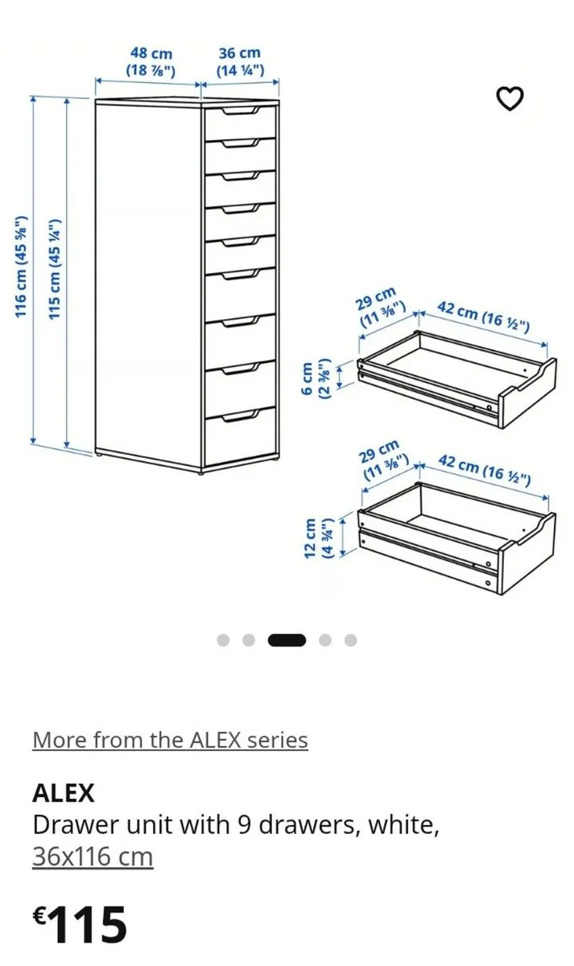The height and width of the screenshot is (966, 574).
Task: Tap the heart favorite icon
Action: [x=510, y=99]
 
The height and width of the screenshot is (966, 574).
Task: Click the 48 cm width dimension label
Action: [x=151, y=62]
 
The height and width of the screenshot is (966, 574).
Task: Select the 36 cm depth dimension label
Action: [x=240, y=62]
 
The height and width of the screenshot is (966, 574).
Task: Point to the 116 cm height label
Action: [x=21, y=267]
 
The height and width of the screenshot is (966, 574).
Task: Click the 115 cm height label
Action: [x=55, y=269]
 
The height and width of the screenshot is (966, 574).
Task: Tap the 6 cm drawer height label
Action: [x=315, y=378]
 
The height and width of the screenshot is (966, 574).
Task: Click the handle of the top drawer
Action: [x=241, y=111]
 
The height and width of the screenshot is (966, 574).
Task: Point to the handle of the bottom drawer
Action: [x=241, y=415]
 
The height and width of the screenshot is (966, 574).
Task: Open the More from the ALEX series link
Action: [x=170, y=741]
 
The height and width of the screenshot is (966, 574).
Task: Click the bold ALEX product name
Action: [x=64, y=794]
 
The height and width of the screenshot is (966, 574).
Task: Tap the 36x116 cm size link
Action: [x=93, y=857]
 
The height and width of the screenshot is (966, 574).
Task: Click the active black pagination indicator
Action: [x=287, y=641]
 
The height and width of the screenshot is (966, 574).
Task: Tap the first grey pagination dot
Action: [x=223, y=641]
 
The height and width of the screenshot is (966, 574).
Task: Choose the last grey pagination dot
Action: [x=351, y=641]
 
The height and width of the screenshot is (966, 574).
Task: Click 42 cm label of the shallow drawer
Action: [x=484, y=318]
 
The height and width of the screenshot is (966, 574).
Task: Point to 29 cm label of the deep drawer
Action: [x=384, y=460]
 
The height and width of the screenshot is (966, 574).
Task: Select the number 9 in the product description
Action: [x=244, y=826]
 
